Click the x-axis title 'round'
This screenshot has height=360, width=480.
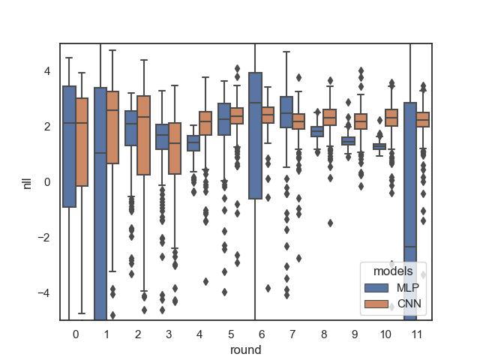(x=246, y=349)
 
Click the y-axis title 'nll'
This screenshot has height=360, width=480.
(x=27, y=181)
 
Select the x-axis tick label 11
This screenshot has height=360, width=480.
(x=416, y=333)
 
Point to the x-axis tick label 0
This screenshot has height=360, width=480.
(x=76, y=333)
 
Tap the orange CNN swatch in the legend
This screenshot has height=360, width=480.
(x=377, y=303)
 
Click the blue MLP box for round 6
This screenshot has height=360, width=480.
(x=255, y=135)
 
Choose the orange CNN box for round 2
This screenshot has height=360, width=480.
(x=144, y=135)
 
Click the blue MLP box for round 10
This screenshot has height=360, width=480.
(x=379, y=146)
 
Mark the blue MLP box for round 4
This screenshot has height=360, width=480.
(x=193, y=142)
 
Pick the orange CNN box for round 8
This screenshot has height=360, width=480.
(x=329, y=117)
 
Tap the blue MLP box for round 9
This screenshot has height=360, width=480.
(x=348, y=141)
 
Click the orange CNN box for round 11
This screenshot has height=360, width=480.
(x=422, y=118)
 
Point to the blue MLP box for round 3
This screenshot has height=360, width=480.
(x=162, y=136)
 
